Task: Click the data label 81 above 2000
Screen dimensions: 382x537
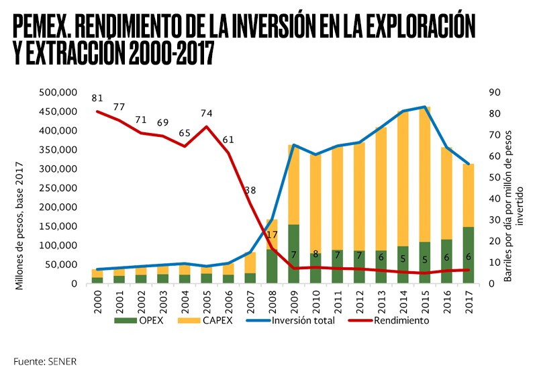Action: pos(98,99)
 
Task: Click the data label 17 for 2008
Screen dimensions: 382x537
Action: pos(272,235)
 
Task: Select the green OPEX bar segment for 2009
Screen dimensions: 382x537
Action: pos(293,245)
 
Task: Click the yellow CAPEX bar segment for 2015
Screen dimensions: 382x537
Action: pos(424,175)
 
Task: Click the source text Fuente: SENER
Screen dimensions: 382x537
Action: pos(45,361)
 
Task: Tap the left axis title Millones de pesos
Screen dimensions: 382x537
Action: pos(19,225)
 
